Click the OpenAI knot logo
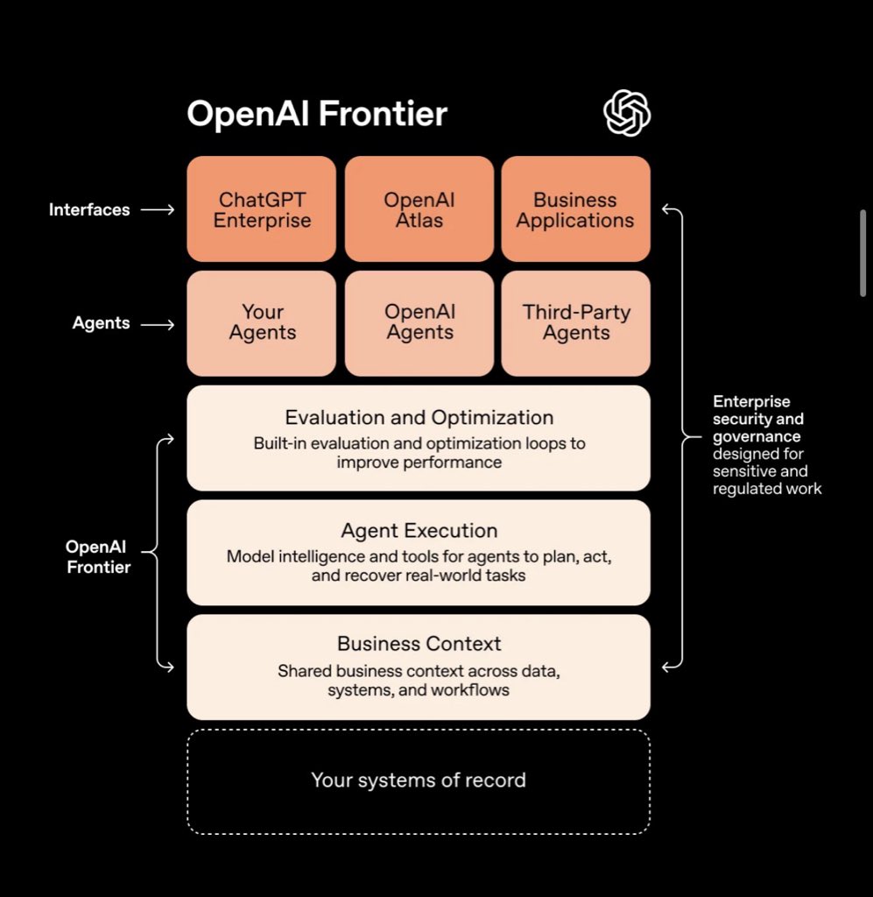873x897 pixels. pos(627,113)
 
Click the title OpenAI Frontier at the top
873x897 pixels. pos(317,113)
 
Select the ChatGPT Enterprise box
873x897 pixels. pos(261,208)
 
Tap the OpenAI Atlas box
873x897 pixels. pos(419,208)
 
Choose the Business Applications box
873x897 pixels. pos(575,208)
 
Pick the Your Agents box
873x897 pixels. pos(261,323)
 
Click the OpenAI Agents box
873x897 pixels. pos(419,323)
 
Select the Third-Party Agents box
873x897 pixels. pos(575,323)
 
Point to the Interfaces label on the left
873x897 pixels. pos(89,209)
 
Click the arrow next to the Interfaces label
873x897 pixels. pos(158,210)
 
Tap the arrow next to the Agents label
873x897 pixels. pos(158,325)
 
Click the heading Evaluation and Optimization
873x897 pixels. pos(419,418)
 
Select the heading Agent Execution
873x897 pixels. pos(419,531)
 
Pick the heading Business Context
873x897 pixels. pos(419,644)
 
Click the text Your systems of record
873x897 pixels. pos(419,780)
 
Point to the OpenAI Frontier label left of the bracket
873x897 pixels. pos(98,556)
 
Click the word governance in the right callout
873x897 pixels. pos(757,437)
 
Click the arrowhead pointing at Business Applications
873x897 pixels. pos(666,209)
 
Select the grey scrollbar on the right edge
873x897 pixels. pos(862,253)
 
